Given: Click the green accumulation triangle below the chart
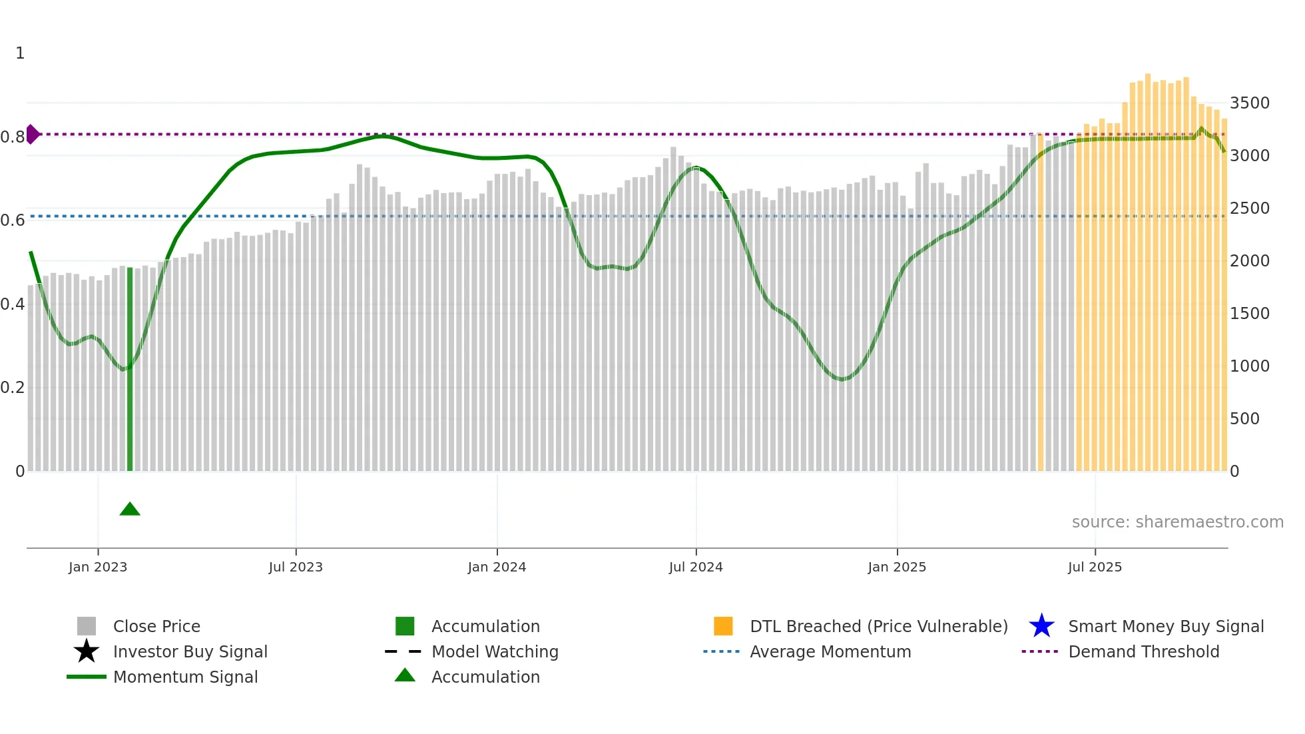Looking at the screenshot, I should click(x=130, y=510).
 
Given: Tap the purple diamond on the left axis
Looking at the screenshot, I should click(x=32, y=134).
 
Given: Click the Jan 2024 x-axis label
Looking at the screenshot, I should click(x=497, y=567).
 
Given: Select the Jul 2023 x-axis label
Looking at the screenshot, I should click(x=296, y=567).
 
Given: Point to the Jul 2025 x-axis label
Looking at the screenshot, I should click(x=1095, y=567).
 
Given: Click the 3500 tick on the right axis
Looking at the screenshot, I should click(x=1249, y=103).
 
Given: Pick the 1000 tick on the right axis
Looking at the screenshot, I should click(x=1249, y=366).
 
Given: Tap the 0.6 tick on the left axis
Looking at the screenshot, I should click(x=13, y=220).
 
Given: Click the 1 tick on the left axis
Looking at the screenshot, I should click(x=20, y=53).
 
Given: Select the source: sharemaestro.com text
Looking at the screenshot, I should click(x=1177, y=522).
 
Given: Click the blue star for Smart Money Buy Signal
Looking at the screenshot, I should click(x=1041, y=626).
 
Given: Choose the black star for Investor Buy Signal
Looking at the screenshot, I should click(x=87, y=651).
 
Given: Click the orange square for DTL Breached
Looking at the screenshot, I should click(x=723, y=626).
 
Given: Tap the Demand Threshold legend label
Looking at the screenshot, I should click(x=1143, y=651).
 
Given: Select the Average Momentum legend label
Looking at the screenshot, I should click(x=830, y=651).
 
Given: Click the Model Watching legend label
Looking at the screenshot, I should click(x=495, y=651).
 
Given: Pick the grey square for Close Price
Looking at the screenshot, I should click(x=87, y=626).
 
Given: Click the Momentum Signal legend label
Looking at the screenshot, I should click(x=185, y=677).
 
